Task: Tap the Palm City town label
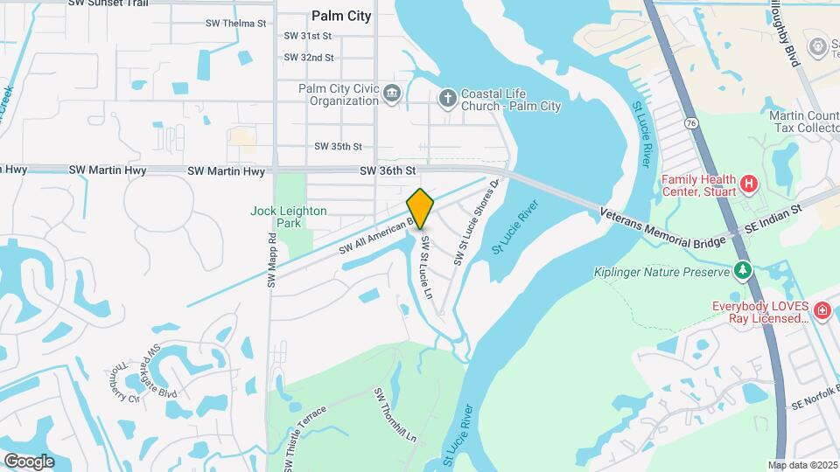(341, 16)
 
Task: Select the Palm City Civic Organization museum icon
(391, 94)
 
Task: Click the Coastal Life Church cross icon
(446, 96)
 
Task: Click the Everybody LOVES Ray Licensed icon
(822, 310)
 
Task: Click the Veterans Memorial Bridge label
(663, 227)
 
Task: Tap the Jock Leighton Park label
(289, 217)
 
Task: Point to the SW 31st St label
(309, 36)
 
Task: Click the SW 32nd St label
(309, 58)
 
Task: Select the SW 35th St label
(338, 147)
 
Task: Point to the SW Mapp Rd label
(271, 260)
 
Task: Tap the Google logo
(29, 461)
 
